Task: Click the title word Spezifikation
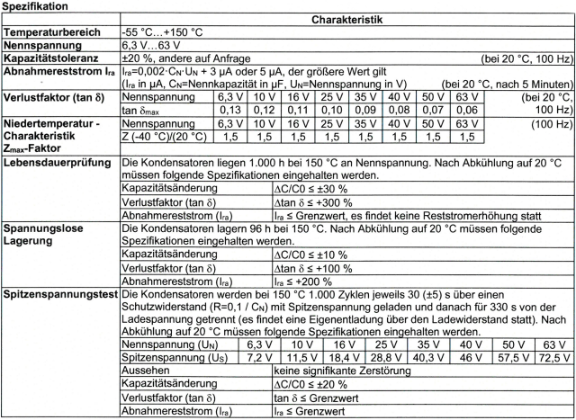pos(39,6)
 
